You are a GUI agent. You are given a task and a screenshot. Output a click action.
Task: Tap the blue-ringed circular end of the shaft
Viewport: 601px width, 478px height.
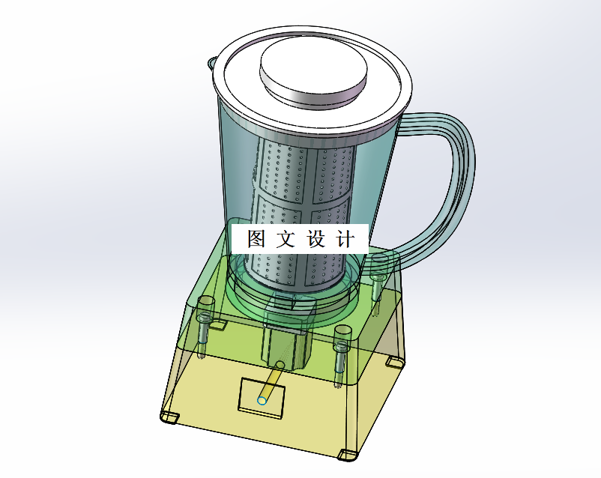(x=262, y=400)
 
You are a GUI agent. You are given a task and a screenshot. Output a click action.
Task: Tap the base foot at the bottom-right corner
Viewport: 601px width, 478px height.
(x=348, y=453)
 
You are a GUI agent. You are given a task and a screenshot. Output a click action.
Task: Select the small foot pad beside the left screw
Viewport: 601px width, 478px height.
(x=218, y=325)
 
